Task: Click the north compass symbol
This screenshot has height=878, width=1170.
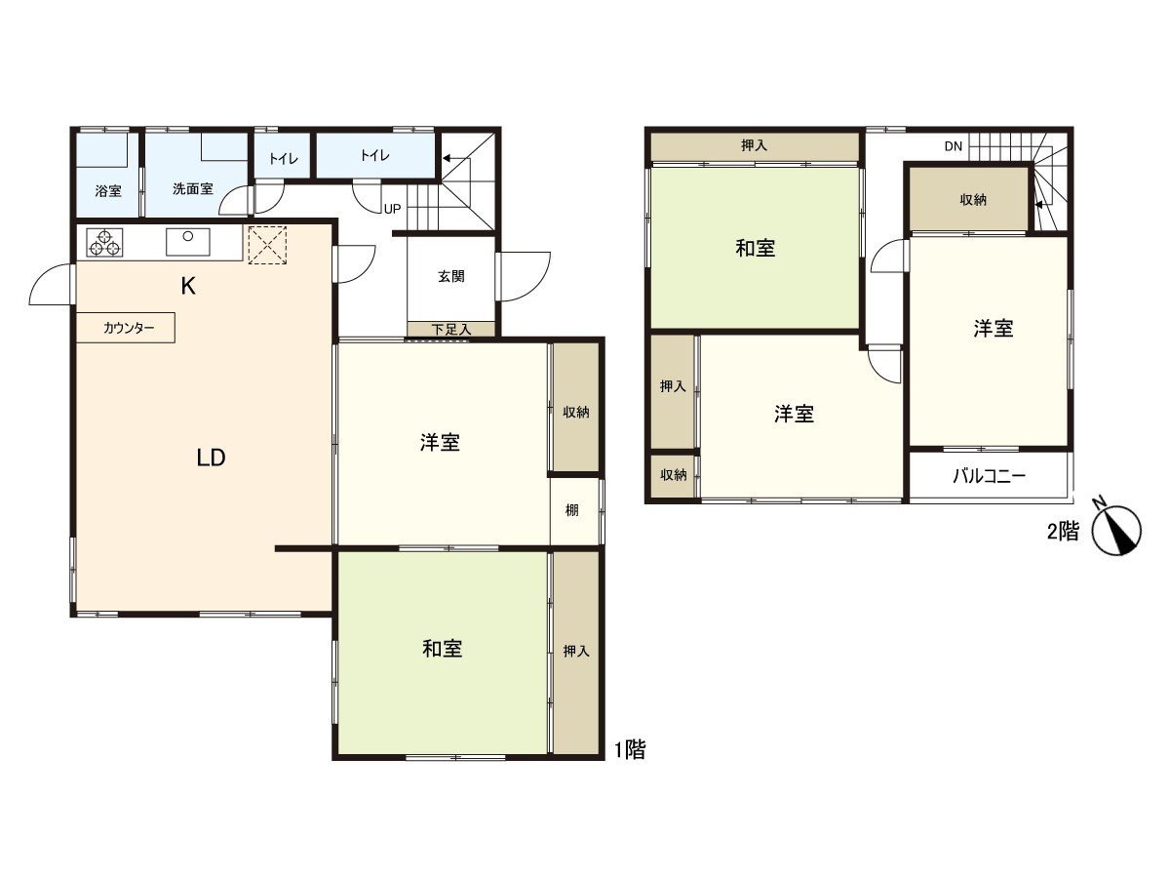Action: click(x=1116, y=530)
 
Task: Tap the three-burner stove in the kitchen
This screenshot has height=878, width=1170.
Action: click(x=104, y=243)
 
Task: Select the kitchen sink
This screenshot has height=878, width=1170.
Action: click(x=187, y=242)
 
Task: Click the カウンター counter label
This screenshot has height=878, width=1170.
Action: click(x=129, y=328)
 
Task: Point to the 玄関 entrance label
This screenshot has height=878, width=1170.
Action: click(x=451, y=276)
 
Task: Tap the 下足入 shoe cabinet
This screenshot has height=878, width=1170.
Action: click(x=451, y=329)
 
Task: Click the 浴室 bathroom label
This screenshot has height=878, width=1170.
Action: click(x=108, y=191)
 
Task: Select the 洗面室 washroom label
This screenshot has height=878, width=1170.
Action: click(x=192, y=188)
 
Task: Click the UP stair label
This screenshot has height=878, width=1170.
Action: click(x=392, y=209)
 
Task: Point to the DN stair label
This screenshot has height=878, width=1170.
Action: click(x=953, y=146)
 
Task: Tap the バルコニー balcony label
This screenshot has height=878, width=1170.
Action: click(x=989, y=475)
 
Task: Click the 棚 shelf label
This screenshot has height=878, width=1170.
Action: click(x=571, y=510)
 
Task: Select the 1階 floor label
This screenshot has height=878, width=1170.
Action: click(x=630, y=749)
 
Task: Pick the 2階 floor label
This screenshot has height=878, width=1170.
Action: click(x=1063, y=531)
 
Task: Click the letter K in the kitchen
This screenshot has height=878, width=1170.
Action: click(x=188, y=287)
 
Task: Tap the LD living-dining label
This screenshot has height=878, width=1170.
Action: click(x=211, y=458)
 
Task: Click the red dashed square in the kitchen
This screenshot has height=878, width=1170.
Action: click(x=267, y=245)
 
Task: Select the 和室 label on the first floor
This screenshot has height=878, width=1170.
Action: click(x=442, y=649)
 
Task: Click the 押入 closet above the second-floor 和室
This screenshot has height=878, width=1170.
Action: click(x=755, y=145)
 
